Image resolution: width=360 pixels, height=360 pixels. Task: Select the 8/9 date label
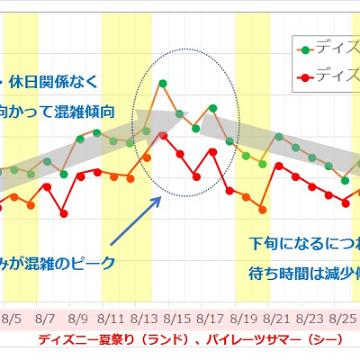coord(77,319)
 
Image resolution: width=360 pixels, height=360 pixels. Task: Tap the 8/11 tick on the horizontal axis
coord(111,319)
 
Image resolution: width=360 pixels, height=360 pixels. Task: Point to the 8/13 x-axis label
coord(144,319)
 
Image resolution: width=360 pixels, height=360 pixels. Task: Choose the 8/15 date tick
coord(177,319)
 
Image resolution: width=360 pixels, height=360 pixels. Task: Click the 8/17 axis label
coord(211,319)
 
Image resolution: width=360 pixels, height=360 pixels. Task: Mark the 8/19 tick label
coord(244,319)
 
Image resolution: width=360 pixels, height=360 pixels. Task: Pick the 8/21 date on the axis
coord(277,319)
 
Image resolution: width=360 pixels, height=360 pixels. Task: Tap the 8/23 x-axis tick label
coord(310,319)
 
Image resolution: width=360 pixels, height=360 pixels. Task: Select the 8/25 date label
coord(343,319)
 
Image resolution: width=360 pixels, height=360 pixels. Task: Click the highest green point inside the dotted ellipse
coord(162,84)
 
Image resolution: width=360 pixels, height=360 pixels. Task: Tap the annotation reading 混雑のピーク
coord(76,263)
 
